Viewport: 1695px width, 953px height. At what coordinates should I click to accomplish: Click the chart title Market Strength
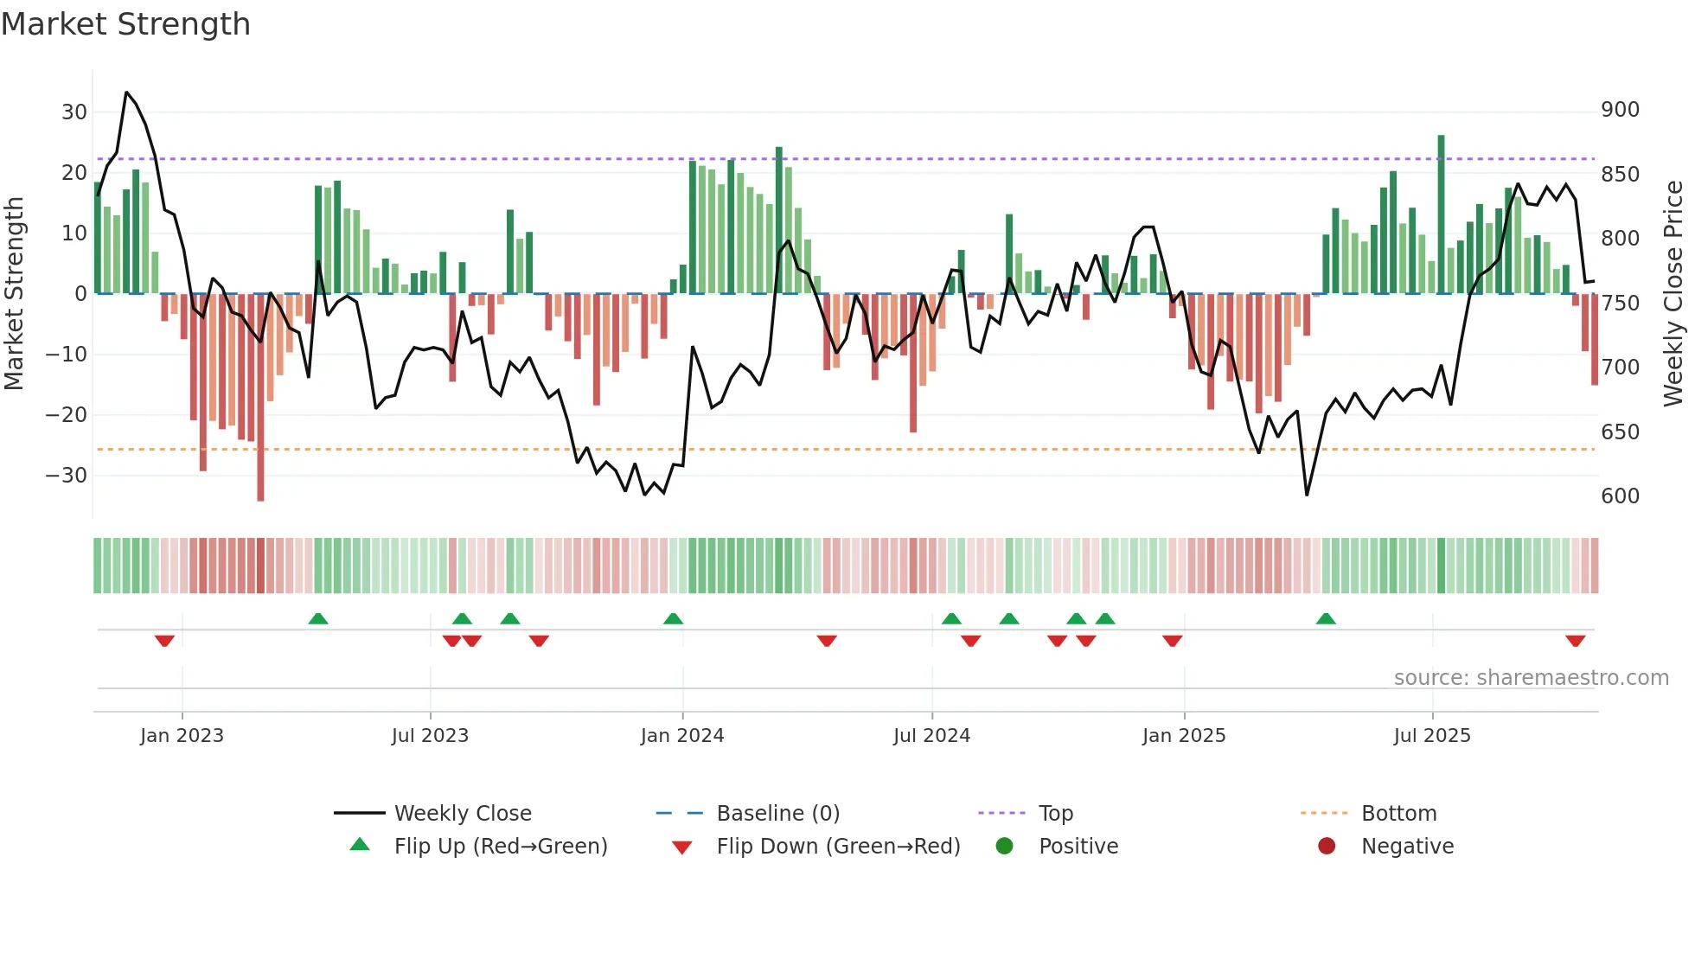[125, 24]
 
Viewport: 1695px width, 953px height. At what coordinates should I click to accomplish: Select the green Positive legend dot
[1004, 846]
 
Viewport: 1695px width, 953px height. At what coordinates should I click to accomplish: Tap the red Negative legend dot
[1327, 846]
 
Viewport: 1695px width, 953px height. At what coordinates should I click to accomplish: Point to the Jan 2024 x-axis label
[682, 736]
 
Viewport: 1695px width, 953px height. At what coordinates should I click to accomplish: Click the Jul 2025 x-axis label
[1432, 736]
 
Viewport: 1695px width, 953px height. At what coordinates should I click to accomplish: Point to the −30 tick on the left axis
[66, 475]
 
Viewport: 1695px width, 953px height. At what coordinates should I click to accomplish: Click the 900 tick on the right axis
[1620, 110]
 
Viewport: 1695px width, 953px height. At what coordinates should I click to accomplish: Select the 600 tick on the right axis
[1620, 496]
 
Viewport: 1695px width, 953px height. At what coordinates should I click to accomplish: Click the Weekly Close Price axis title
[1673, 294]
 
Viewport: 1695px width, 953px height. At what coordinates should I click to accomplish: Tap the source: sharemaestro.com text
[1531, 678]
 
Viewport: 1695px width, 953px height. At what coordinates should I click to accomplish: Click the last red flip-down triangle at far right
[1575, 641]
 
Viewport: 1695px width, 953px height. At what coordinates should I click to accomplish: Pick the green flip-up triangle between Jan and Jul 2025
[1326, 618]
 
